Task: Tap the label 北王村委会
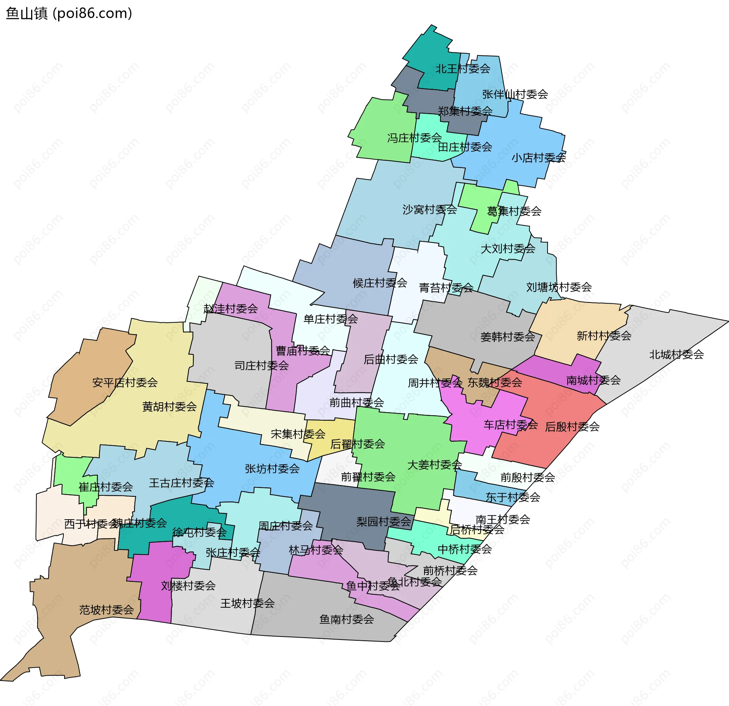point(462,69)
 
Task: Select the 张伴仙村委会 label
point(515,94)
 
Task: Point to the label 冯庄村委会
point(414,138)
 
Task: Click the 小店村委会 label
point(538,158)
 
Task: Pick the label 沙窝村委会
point(429,210)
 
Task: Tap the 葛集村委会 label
point(514,211)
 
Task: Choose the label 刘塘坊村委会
point(559,287)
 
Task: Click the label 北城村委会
point(676,355)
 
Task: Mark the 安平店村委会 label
point(125,383)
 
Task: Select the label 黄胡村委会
point(169,407)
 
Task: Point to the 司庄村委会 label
point(261,366)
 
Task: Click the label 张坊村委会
point(272,469)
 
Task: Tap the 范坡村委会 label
point(106,610)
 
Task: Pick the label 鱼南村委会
point(346,619)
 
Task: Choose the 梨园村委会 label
point(383,522)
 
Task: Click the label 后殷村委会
point(572,427)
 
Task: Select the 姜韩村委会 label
point(507,337)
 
